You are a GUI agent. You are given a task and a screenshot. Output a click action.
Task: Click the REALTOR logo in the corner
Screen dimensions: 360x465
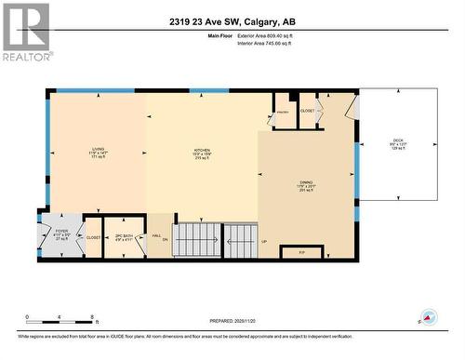[25, 32]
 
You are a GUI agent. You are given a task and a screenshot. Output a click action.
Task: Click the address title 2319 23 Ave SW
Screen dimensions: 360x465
[232, 21]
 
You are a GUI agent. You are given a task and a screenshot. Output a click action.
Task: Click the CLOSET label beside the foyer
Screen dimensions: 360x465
[93, 237]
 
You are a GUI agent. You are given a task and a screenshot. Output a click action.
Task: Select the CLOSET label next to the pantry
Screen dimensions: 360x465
[308, 111]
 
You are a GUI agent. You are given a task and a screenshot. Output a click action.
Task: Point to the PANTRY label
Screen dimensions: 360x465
[283, 113]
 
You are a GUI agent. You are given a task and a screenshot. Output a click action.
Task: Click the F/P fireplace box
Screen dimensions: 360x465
[301, 251]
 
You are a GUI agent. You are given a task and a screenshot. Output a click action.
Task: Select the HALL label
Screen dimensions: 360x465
[157, 234]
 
